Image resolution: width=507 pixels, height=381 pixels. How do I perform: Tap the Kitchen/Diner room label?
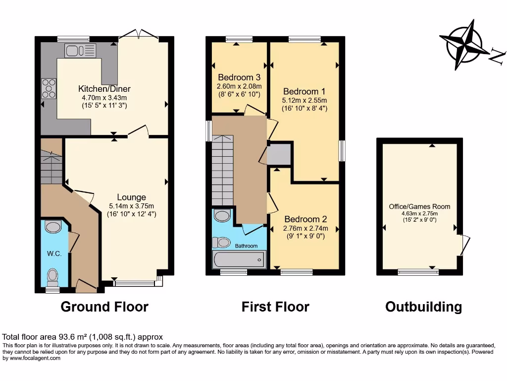[104, 89]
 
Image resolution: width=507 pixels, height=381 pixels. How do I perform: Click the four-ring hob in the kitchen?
[49, 88]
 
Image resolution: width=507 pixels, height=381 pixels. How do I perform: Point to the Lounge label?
[132, 197]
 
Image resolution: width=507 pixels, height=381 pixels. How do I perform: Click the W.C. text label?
[54, 254]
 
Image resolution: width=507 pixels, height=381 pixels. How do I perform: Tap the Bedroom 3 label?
[239, 77]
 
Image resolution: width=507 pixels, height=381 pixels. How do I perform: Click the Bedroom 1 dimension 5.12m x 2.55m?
[304, 100]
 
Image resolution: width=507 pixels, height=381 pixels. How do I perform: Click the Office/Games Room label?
[419, 206]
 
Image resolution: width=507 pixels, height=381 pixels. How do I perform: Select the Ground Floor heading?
[104, 307]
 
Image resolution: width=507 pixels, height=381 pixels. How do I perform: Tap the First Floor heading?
[275, 307]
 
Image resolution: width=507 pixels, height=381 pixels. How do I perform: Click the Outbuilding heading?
[423, 307]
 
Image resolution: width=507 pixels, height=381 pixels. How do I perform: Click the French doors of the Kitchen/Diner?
[138, 35]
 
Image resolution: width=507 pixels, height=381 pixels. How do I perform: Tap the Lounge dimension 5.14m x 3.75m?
[132, 206]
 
